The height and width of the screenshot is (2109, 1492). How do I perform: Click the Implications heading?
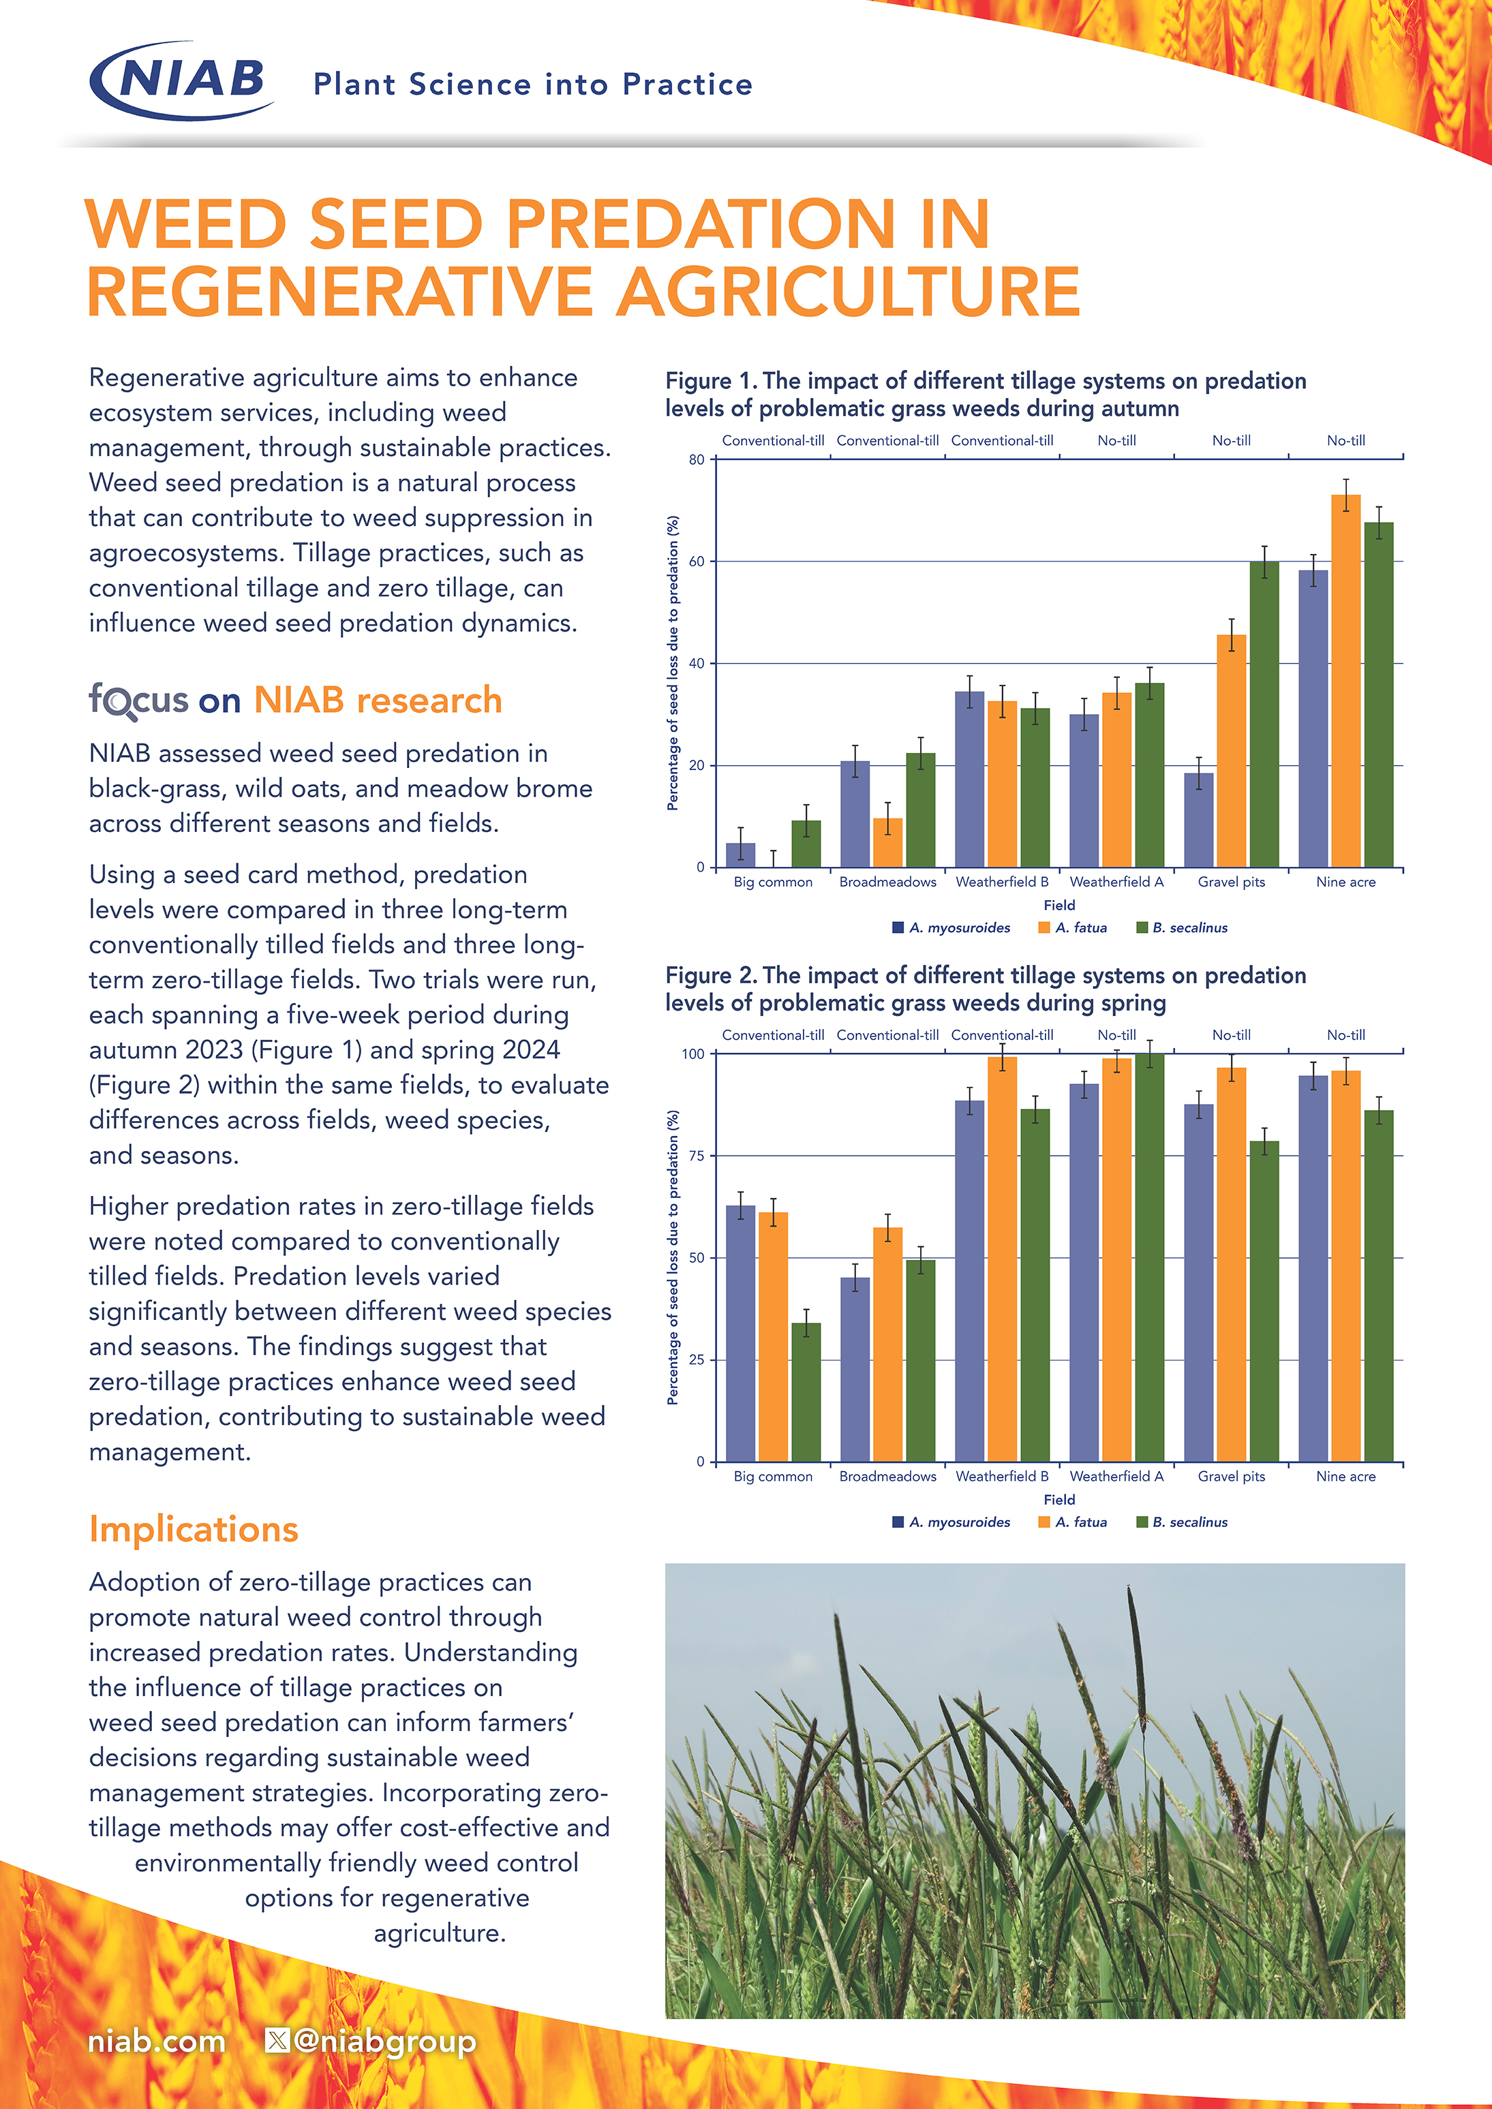coord(194,1529)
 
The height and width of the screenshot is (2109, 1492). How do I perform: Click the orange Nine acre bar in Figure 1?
coord(1346,680)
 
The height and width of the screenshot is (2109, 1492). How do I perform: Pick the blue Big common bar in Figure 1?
coord(740,855)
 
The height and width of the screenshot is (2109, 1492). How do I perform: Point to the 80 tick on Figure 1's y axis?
coord(697,459)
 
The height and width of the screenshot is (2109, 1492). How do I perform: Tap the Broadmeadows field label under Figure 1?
coord(887,882)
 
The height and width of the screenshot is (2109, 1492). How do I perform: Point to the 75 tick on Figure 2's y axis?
coord(697,1156)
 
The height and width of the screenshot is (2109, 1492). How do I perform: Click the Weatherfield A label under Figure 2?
coord(1116,1476)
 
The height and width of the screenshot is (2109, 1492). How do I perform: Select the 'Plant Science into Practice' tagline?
coord(533,84)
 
